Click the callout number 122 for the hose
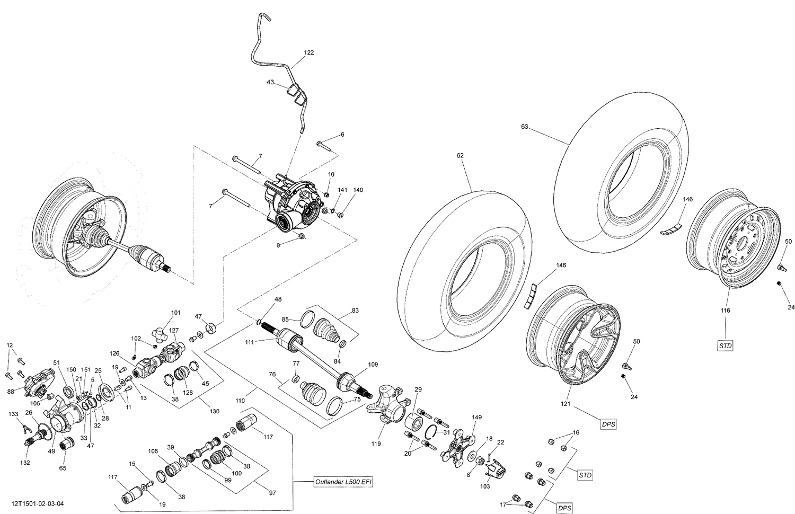click(x=308, y=52)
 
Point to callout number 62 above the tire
click(x=460, y=156)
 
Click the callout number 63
click(x=524, y=127)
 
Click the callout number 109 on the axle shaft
click(x=373, y=365)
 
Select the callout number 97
click(x=272, y=493)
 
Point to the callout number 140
click(x=358, y=190)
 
